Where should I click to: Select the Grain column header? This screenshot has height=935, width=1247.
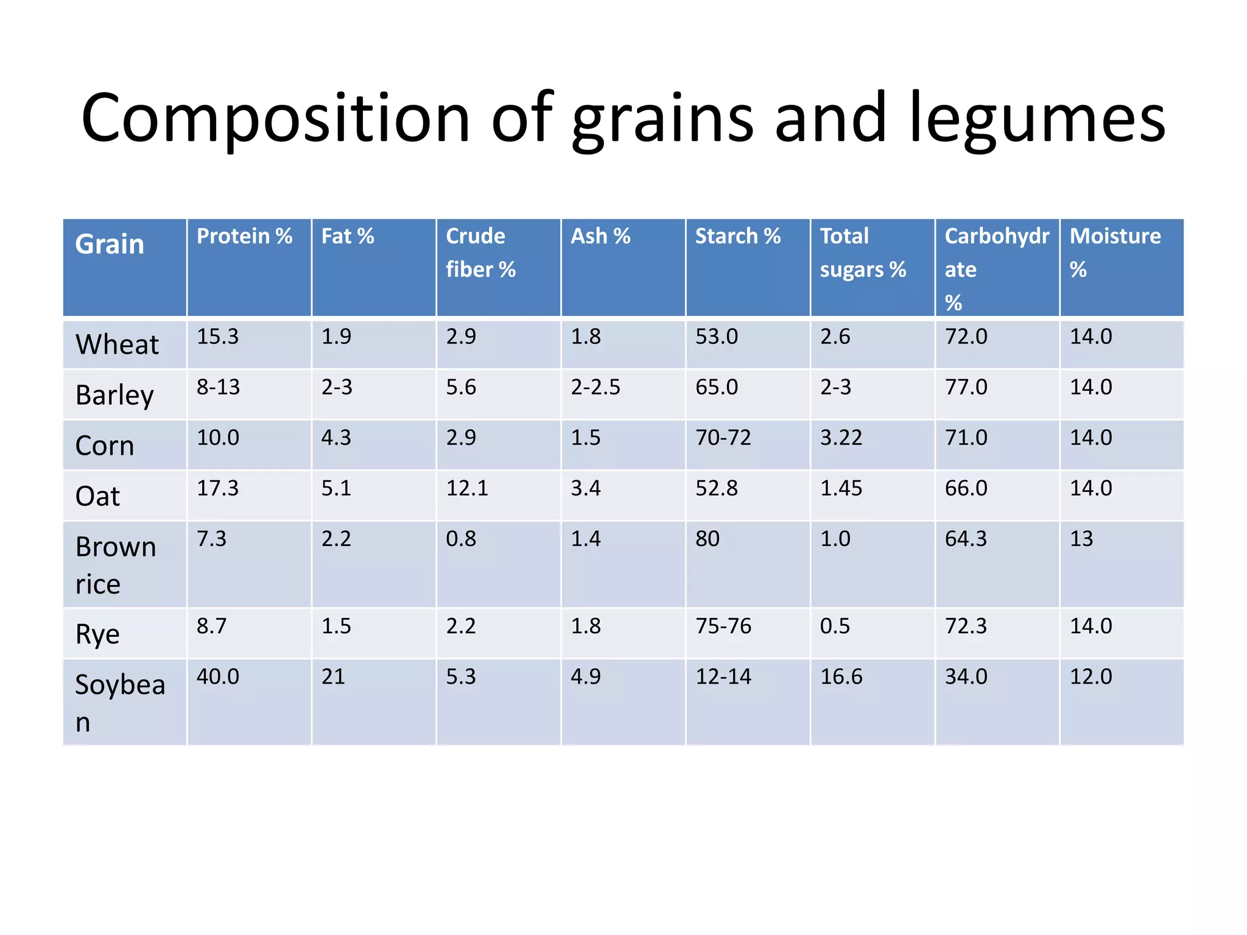110,245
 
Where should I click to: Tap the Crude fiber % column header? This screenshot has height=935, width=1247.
480,253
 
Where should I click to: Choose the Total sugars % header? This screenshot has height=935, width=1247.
862,253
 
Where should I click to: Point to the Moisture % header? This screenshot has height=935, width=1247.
1115,253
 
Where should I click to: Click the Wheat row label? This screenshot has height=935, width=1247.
117,345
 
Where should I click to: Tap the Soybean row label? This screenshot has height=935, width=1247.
120,702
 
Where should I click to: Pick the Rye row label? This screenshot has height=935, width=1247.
97,634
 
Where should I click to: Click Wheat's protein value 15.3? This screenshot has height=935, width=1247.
217,337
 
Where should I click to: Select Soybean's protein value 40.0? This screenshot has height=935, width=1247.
217,677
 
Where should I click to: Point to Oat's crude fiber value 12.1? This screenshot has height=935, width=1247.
467,488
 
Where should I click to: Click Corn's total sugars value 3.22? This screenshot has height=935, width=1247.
841,438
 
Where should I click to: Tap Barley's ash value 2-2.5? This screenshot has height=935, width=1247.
595,387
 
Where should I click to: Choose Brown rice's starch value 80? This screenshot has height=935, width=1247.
707,539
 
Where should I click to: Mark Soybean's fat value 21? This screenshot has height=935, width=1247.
333,677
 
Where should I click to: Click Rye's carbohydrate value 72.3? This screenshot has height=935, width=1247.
965,626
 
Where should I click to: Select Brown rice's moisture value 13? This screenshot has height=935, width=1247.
1081,539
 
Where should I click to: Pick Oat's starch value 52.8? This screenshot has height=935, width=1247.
716,488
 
